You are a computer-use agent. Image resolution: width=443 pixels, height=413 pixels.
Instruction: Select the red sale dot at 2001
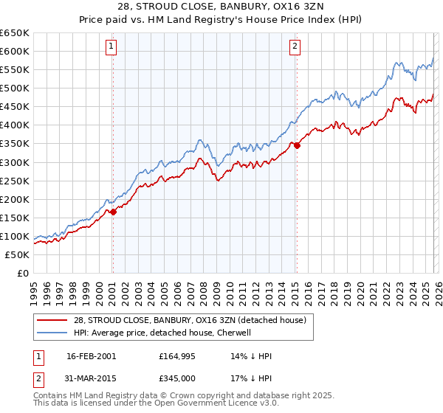click(x=113, y=212)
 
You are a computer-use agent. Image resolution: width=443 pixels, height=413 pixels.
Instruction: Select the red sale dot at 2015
click(x=297, y=145)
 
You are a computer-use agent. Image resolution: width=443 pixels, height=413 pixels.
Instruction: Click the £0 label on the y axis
click(x=22, y=273)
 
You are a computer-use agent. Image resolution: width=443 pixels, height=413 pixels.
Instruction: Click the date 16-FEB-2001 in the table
click(x=91, y=356)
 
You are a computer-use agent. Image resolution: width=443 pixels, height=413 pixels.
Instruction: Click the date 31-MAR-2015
click(x=91, y=378)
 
